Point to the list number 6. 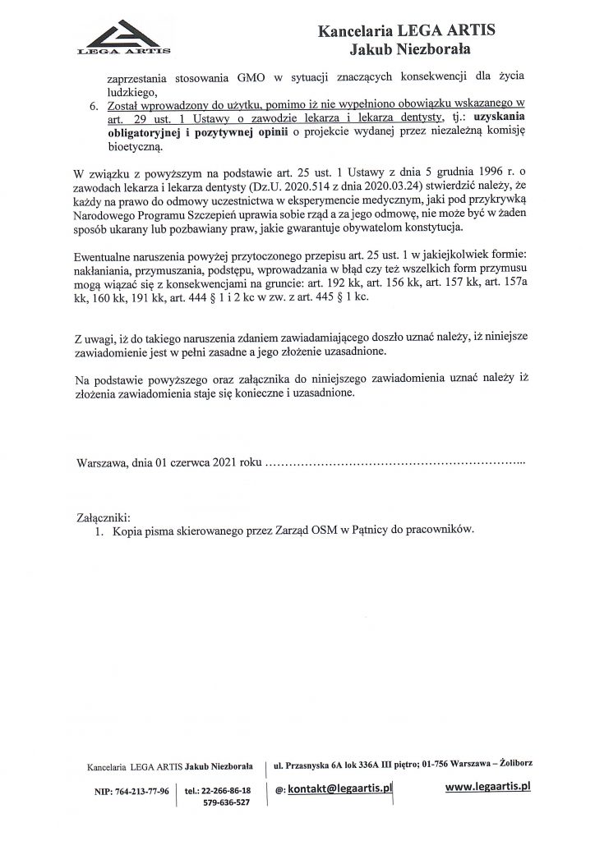(x=93, y=105)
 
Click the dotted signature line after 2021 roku (x=394, y=465)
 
